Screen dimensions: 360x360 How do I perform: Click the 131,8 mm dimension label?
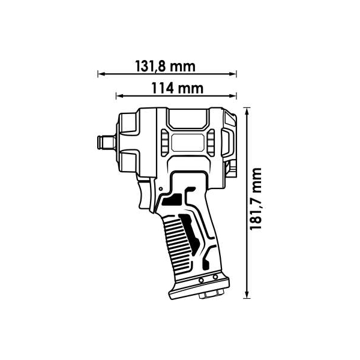pyautogui.click(x=166, y=67)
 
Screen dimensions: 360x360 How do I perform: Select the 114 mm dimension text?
pyautogui.click(x=178, y=88)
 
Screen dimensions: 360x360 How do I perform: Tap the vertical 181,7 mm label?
pyautogui.click(x=256, y=199)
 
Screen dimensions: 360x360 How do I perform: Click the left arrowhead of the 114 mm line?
pyautogui.click(x=119, y=95)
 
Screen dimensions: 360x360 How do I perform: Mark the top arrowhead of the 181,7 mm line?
pyautogui.click(x=247, y=112)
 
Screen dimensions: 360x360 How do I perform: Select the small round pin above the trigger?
pyautogui.click(x=161, y=189)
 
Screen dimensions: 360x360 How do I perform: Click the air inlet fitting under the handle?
pyautogui.click(x=211, y=295)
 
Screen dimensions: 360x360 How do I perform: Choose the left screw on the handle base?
pyautogui.click(x=202, y=280)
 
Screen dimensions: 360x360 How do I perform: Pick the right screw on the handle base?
pyautogui.click(x=215, y=277)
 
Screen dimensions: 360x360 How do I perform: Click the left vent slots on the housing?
pyautogui.click(x=164, y=142)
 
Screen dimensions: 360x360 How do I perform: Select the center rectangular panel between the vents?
pyautogui.click(x=188, y=143)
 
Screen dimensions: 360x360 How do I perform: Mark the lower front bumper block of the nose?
pyautogui.click(x=128, y=163)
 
